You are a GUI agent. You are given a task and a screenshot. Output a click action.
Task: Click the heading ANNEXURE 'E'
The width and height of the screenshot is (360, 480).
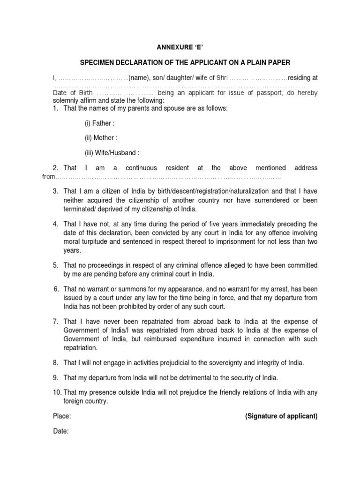(x=180, y=47)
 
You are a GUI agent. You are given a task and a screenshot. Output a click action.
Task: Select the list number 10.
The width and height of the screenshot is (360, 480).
(x=56, y=379)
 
